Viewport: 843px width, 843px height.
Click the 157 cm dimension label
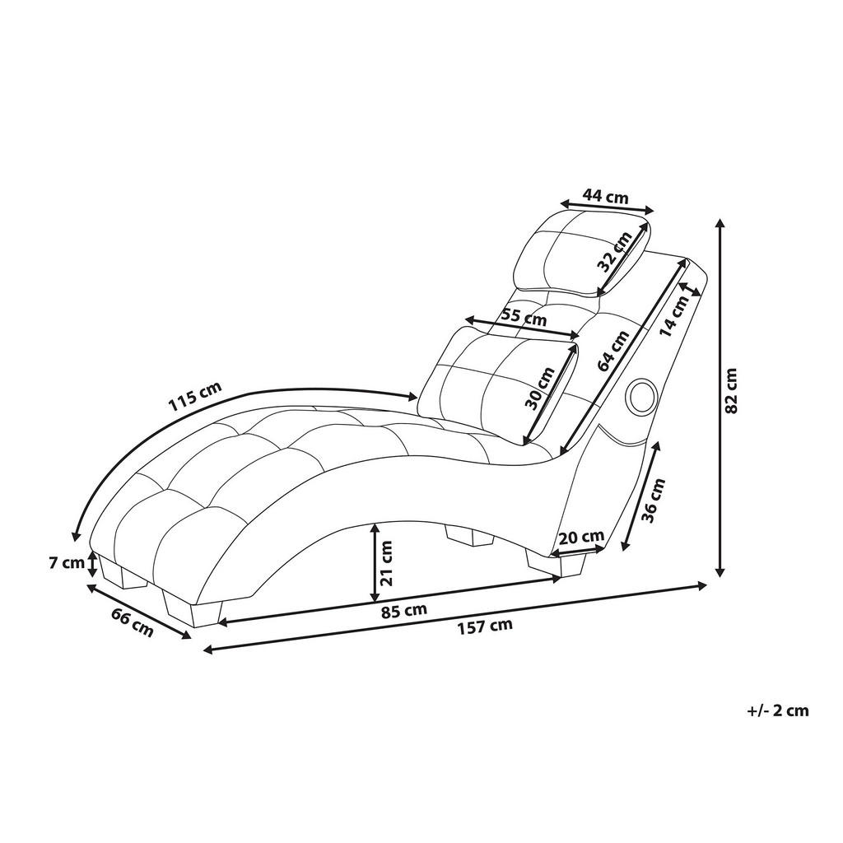(x=485, y=626)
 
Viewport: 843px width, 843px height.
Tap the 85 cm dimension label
(x=403, y=610)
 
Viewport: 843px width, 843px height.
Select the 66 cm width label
(x=132, y=623)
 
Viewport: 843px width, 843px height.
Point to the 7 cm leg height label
(x=65, y=564)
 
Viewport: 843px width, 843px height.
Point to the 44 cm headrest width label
(x=605, y=197)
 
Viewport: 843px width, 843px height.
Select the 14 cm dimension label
(x=675, y=316)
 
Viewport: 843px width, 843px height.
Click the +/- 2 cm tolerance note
(x=778, y=710)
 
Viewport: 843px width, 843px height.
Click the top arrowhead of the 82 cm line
(x=720, y=222)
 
